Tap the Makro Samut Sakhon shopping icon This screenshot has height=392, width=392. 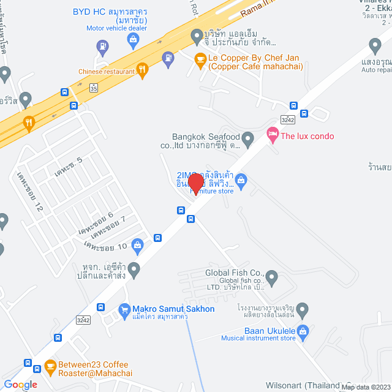[124, 309]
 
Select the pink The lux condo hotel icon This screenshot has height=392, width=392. [272, 134]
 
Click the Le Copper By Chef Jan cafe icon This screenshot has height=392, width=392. [200, 59]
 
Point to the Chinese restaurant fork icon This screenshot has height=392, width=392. [143, 71]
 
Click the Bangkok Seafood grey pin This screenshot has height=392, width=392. [247, 140]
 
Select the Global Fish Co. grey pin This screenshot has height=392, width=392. [273, 279]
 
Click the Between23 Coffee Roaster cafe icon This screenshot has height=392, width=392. [49, 367]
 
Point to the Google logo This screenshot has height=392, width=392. [21, 385]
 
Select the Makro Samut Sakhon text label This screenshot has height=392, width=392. [173, 309]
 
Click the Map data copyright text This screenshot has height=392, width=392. [365, 387]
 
